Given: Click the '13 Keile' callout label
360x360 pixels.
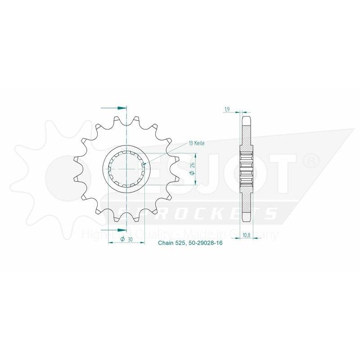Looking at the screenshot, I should (x=197, y=143).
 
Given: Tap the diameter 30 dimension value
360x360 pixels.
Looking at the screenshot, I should (x=126, y=240).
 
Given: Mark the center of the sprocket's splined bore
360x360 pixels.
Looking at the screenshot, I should (x=127, y=168).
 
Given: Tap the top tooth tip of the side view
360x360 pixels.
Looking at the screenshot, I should (x=246, y=118).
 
